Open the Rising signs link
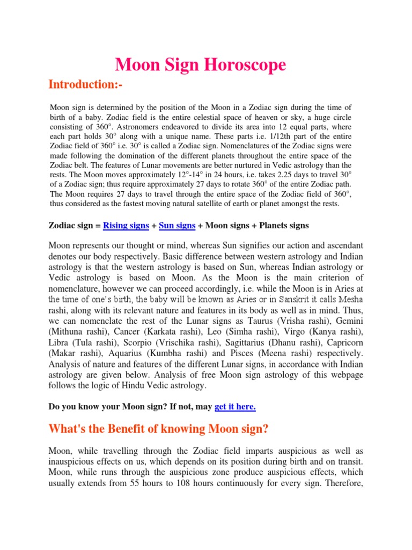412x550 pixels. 126,226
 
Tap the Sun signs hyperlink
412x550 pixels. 177,226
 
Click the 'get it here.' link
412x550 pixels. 235,407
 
